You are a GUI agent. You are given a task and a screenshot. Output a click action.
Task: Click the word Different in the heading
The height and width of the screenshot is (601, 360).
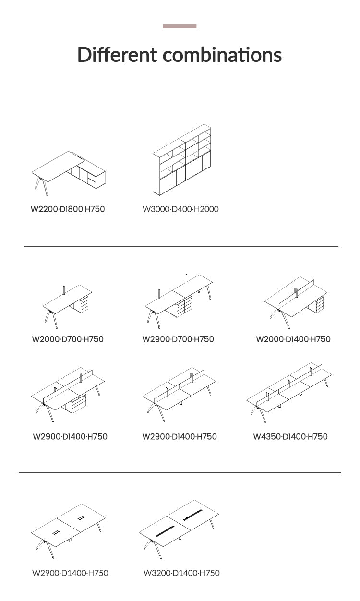click(x=117, y=54)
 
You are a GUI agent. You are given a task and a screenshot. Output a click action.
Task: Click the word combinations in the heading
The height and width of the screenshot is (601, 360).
click(x=222, y=54)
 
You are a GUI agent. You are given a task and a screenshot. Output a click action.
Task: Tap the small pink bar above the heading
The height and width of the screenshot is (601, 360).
click(x=180, y=26)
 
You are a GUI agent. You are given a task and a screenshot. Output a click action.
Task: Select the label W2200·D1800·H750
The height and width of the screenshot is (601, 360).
click(x=68, y=209)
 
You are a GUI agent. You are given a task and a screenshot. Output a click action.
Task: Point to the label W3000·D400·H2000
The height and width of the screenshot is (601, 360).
click(x=180, y=209)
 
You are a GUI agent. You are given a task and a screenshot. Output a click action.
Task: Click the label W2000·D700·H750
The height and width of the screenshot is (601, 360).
click(x=68, y=339)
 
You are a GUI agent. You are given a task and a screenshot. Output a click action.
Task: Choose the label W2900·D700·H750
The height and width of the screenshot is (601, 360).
click(x=178, y=339)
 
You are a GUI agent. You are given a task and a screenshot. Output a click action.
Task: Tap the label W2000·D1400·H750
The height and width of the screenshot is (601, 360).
click(x=293, y=339)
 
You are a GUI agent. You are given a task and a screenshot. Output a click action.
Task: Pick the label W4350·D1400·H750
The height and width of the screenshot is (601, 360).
click(x=290, y=436)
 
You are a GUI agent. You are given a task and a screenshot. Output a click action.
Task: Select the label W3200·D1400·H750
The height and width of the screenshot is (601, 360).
click(x=181, y=573)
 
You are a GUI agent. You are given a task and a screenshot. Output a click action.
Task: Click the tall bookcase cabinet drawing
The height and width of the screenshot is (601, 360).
click(x=182, y=159)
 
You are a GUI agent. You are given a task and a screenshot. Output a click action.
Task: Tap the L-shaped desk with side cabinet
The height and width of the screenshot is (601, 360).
click(x=69, y=173)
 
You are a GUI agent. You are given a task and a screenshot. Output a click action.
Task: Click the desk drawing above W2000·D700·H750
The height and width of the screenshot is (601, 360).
click(x=67, y=307)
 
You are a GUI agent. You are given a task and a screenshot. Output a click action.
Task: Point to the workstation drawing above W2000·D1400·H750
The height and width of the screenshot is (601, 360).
click(x=296, y=303)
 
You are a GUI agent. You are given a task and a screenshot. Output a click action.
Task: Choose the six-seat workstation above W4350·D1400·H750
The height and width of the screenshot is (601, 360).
click(x=289, y=393)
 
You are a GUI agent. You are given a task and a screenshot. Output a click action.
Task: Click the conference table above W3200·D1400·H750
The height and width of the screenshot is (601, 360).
click(x=179, y=529)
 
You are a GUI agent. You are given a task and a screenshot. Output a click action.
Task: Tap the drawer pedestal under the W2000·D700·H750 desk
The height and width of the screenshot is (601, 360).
click(x=84, y=304)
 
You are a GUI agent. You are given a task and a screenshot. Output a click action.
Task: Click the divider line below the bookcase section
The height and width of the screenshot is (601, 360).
click(x=181, y=246)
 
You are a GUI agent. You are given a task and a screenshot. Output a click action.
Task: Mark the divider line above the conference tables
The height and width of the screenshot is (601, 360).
click(x=180, y=472)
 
